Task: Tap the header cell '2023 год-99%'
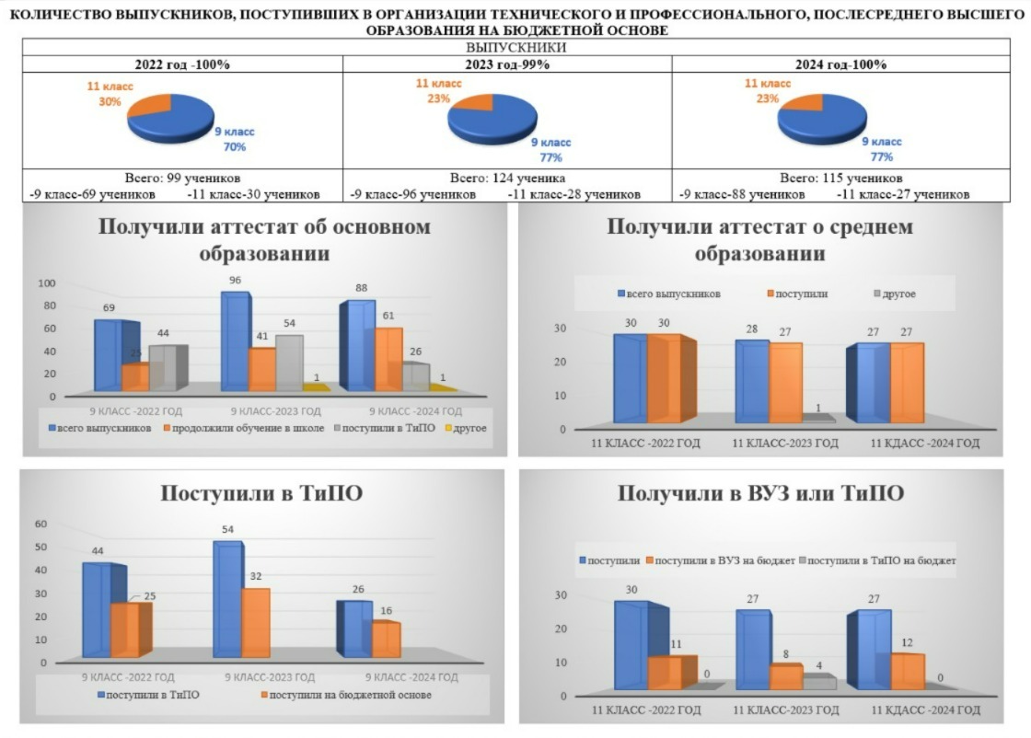click(x=507, y=64)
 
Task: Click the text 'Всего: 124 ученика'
click(x=507, y=179)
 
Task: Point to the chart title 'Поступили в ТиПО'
click(x=261, y=493)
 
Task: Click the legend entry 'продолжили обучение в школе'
click(x=243, y=428)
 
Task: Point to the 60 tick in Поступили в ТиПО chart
click(x=41, y=524)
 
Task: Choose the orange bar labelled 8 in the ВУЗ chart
click(x=786, y=676)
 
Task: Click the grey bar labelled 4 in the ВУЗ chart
click(x=819, y=682)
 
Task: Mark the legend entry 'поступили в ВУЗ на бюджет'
click(x=722, y=559)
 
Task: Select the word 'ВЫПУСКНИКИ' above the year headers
click(x=515, y=48)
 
